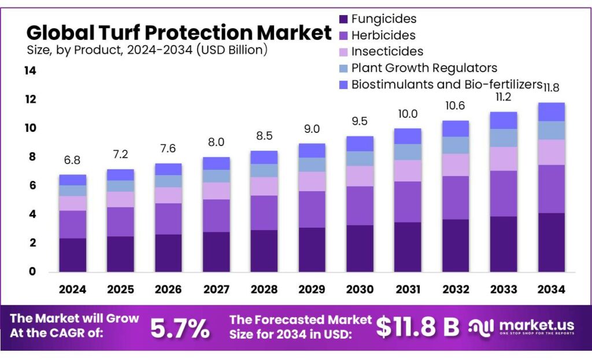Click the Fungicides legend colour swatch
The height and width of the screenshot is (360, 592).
(x=343, y=20)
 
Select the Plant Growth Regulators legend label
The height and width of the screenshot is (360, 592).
(x=424, y=68)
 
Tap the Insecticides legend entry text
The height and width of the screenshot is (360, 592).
(x=387, y=52)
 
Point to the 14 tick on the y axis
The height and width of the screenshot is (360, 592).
(x=30, y=71)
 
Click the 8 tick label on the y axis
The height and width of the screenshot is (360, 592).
(x=32, y=157)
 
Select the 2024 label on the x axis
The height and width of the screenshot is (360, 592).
(x=72, y=289)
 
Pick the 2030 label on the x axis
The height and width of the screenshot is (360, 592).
(x=360, y=289)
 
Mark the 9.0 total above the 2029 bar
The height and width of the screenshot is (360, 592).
(x=312, y=129)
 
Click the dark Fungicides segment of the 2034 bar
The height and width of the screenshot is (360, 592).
(x=551, y=242)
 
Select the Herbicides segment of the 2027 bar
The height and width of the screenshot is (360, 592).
(x=216, y=216)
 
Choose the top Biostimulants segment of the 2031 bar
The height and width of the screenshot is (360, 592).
(x=407, y=136)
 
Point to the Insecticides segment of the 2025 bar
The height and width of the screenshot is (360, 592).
(x=120, y=199)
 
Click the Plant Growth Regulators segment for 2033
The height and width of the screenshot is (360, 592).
(x=503, y=138)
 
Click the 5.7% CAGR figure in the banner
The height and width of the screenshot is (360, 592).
(x=180, y=328)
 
